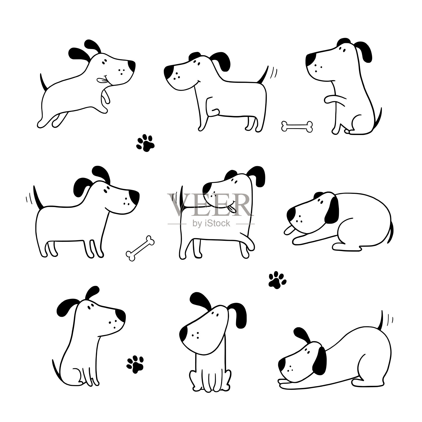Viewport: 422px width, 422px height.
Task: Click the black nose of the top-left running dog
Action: (131, 67)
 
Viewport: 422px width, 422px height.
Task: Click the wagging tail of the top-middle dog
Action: (262, 75)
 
